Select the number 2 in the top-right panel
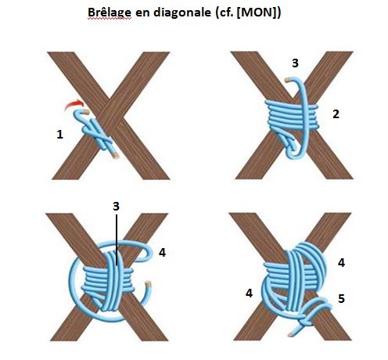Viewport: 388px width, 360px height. click(336, 114)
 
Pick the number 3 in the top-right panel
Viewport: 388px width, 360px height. click(293, 63)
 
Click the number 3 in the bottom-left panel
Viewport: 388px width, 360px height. click(115, 207)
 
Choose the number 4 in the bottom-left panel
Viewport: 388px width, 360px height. click(163, 253)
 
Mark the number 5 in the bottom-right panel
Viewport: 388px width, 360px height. click(341, 297)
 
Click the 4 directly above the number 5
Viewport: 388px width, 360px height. click(342, 263)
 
